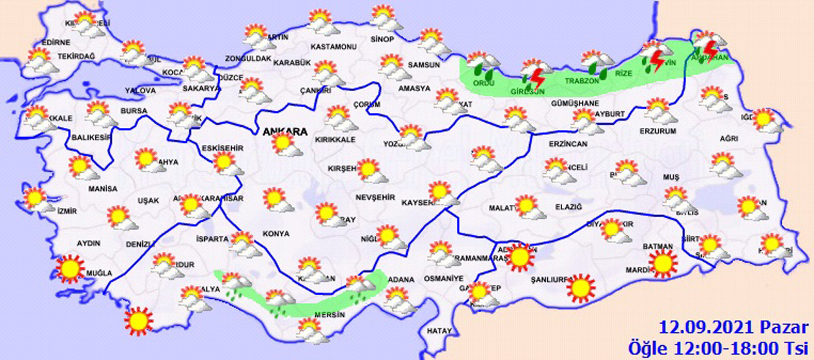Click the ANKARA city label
pos(284,132)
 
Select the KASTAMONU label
pos(333,47)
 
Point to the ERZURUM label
pos(658,131)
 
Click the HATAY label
pos(439,330)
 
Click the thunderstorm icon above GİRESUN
pos(534,72)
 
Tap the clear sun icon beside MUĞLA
pos(70,268)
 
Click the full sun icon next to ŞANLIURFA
pos(581,287)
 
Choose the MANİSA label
pos(103,189)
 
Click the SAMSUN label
pos(423,65)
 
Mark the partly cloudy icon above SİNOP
pos(385,18)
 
